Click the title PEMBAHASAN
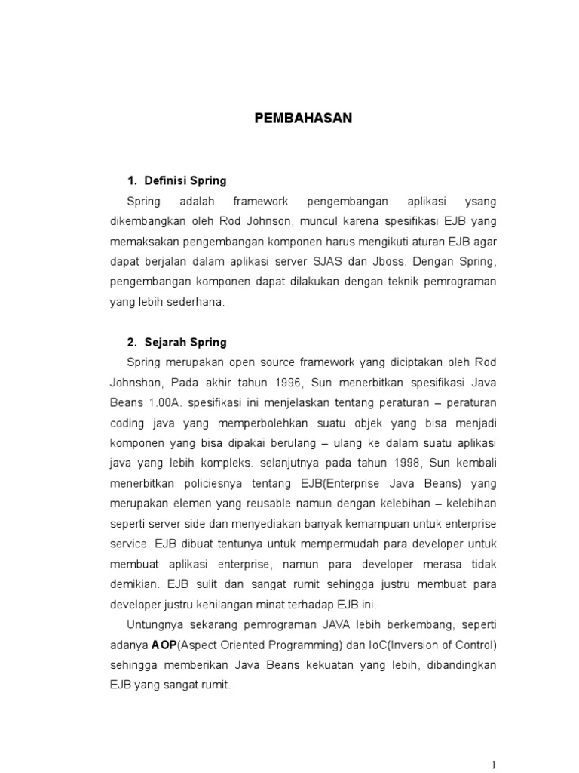tap(302, 119)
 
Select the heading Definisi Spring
tap(185, 181)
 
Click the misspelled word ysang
tap(482, 202)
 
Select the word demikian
tap(133, 584)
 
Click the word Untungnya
tap(156, 624)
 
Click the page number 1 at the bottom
tap(494, 765)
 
